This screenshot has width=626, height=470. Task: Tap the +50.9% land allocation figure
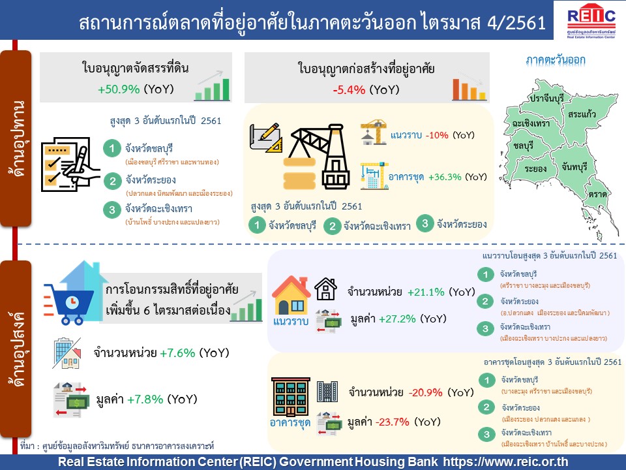tap(119, 89)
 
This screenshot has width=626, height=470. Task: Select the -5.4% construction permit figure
tap(349, 89)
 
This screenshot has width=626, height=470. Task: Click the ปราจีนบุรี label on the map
tap(546, 98)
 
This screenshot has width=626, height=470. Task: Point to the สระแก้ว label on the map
tap(582, 114)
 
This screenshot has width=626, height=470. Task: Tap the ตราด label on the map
tap(598, 195)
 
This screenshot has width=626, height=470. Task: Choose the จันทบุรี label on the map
tap(574, 166)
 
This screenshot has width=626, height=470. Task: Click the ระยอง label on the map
tap(535, 168)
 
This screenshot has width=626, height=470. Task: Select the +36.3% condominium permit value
tap(445, 177)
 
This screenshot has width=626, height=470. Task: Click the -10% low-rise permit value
tap(437, 135)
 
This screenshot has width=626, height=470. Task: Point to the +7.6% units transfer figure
tap(177, 353)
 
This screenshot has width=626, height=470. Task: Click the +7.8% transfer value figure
tap(145, 399)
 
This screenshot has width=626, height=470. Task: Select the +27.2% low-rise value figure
tap(397, 319)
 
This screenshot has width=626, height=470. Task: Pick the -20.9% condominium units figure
tap(426, 392)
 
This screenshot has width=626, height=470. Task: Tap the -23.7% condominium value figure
tap(393, 422)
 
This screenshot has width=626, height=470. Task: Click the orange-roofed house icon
tap(291, 295)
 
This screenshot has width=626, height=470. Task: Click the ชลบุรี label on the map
tap(524, 146)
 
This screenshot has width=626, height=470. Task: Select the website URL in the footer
tap(505, 462)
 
